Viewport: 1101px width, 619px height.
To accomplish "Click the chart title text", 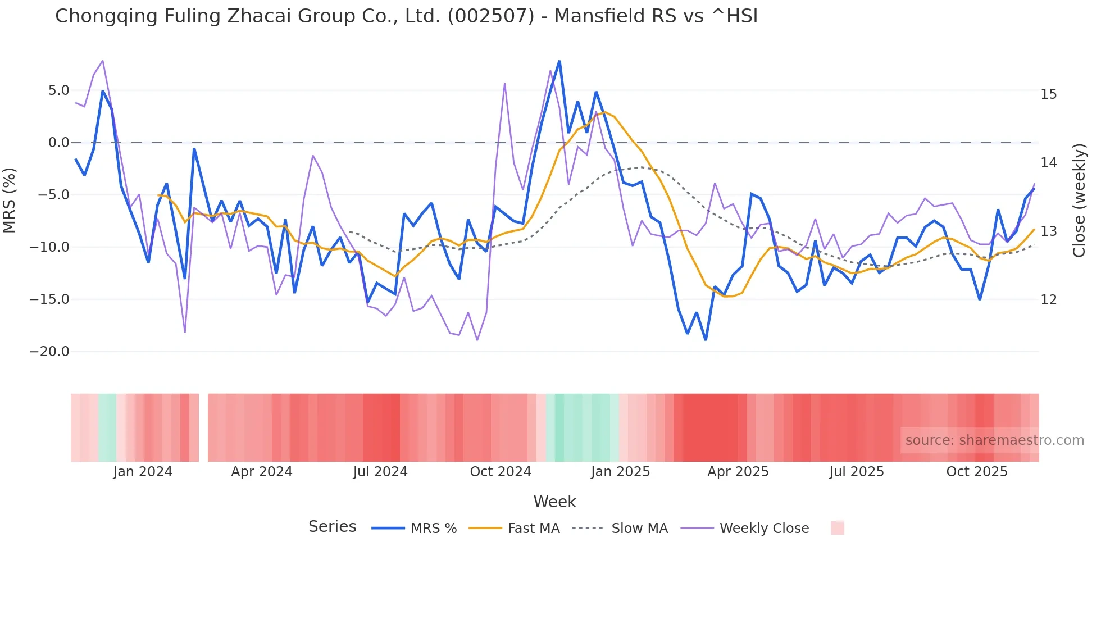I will point(406,16).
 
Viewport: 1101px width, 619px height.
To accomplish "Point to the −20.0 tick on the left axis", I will point(49,352).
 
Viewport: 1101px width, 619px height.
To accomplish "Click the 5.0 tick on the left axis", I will point(58,90).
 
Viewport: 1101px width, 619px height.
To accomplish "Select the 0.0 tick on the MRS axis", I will point(58,143).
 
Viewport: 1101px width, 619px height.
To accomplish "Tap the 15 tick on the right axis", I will point(1048,94).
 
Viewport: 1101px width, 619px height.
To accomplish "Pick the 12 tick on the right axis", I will point(1048,300).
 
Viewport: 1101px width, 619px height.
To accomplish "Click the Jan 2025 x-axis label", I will point(620,472).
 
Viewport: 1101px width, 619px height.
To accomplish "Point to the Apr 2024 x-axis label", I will point(262,472).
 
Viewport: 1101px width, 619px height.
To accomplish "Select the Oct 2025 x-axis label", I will point(977,472).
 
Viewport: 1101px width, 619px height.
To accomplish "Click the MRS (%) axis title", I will point(10,201).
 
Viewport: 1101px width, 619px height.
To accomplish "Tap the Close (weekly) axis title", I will point(1079,201).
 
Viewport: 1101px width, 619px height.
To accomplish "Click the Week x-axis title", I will point(554,502).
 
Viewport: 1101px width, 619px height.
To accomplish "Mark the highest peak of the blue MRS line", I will point(559,61).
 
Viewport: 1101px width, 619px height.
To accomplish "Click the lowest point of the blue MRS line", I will point(706,340).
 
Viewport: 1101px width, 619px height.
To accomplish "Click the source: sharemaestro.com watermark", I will point(994,440).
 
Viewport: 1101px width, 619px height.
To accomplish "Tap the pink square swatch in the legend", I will point(837,528).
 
